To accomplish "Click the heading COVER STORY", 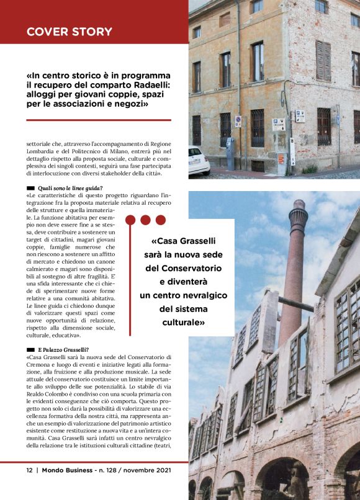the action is [x=70, y=32].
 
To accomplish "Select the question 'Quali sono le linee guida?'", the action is [x=70, y=187].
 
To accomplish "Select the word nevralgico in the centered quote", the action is [x=202, y=295].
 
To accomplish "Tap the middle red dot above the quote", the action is [x=145, y=220].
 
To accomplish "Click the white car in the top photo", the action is [x=198, y=161].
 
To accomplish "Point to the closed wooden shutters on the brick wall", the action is [x=323, y=61].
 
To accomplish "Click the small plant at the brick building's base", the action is [x=309, y=169].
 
